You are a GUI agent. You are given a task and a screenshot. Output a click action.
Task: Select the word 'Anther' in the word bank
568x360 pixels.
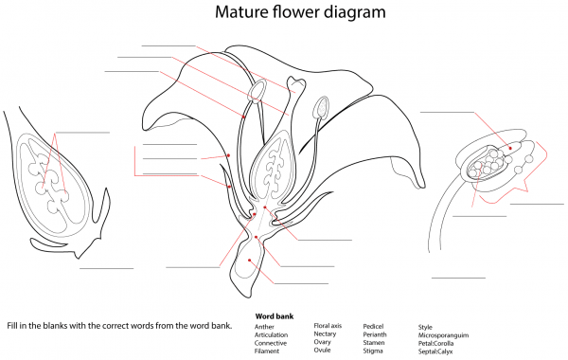pyautogui.click(x=265, y=327)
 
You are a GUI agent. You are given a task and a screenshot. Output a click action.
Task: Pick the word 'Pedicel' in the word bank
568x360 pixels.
pyautogui.click(x=374, y=327)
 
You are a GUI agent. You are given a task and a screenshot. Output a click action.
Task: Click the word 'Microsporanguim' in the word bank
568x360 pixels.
pyautogui.click(x=444, y=335)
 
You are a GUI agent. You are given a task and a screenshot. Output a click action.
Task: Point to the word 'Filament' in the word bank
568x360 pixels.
pyautogui.click(x=267, y=351)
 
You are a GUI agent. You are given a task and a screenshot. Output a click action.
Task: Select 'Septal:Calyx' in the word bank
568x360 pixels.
pyautogui.click(x=436, y=351)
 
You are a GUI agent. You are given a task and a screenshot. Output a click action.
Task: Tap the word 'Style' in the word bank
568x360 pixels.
pyautogui.click(x=425, y=327)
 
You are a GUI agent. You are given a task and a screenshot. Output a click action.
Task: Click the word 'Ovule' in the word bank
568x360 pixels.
pyautogui.click(x=324, y=351)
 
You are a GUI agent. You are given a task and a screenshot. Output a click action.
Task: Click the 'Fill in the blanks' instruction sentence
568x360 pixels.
pyautogui.click(x=118, y=326)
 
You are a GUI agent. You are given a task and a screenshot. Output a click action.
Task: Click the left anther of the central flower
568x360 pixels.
pyautogui.click(x=256, y=93)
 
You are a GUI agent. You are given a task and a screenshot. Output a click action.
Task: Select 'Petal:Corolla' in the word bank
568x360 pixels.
pyautogui.click(x=438, y=343)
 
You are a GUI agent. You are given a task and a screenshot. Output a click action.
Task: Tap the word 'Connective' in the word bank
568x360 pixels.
pyautogui.click(x=271, y=343)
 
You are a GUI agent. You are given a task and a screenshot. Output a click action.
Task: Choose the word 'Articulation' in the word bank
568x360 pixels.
pyautogui.click(x=273, y=334)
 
